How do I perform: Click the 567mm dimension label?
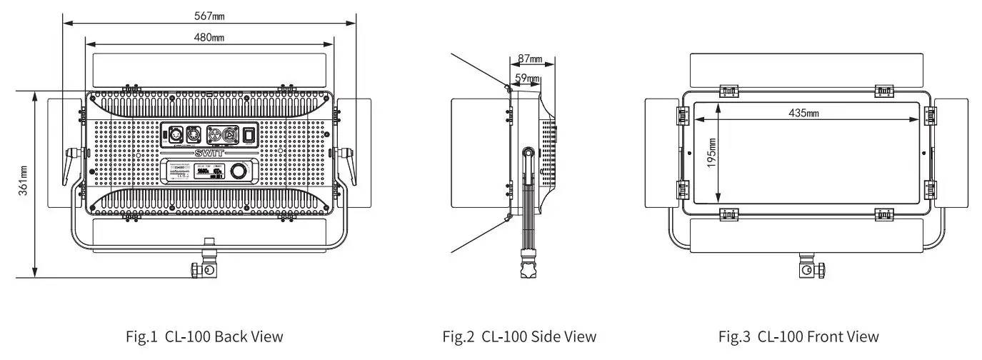click(210, 15)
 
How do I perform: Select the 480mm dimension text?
click(210, 36)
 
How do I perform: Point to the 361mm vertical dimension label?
click(23, 181)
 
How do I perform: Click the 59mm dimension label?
click(527, 77)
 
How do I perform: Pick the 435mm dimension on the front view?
click(804, 113)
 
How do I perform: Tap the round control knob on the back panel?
click(239, 172)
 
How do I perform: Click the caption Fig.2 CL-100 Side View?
click(519, 336)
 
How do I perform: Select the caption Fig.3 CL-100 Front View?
click(798, 336)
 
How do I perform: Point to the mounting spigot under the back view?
click(206, 268)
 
